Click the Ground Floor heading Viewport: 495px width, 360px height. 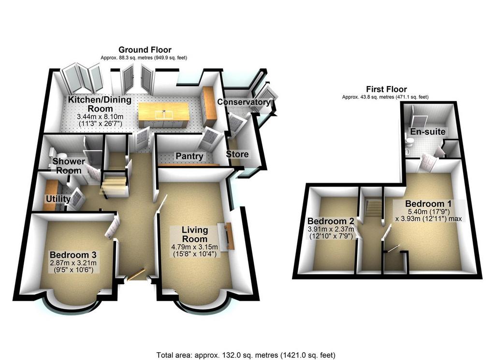pyautogui.click(x=145, y=50)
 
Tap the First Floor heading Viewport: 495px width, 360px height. pyautogui.click(x=386, y=89)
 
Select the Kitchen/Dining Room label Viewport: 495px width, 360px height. pyautogui.click(x=100, y=104)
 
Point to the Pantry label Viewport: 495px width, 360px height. pyautogui.click(x=189, y=156)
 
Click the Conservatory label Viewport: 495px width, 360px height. pyautogui.click(x=244, y=102)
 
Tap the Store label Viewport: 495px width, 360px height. pyautogui.click(x=237, y=154)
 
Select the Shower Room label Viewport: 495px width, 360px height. pyautogui.click(x=69, y=166)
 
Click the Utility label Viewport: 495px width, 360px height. pyautogui.click(x=58, y=199)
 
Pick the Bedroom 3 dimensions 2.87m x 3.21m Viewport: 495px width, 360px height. pyautogui.click(x=73, y=263)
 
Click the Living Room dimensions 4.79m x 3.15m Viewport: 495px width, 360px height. pyautogui.click(x=194, y=247)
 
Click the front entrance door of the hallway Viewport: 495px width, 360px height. pyautogui.click(x=136, y=274)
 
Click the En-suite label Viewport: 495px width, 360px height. pyautogui.click(x=427, y=131)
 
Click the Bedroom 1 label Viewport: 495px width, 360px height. pyautogui.click(x=428, y=203)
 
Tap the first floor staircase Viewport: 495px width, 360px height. pyautogui.click(x=373, y=209)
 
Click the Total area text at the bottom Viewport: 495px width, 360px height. pyautogui.click(x=246, y=355)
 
